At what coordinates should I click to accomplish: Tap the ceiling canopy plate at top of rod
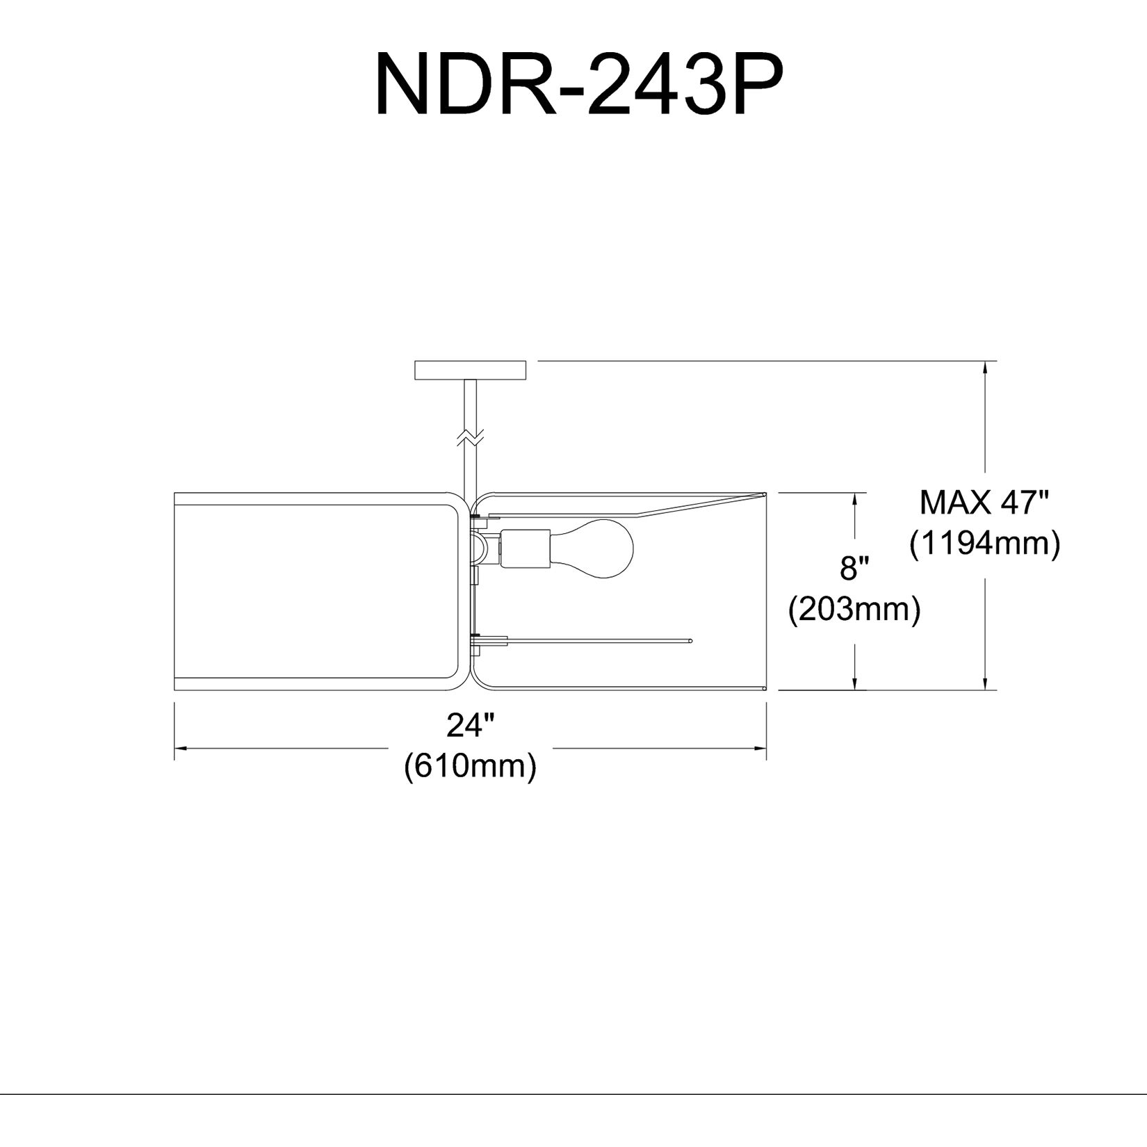coord(471,370)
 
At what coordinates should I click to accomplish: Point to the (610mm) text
coord(470,765)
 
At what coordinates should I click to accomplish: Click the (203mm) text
coord(854,610)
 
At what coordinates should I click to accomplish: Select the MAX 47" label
coord(983,501)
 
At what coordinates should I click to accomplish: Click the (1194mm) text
coord(985,543)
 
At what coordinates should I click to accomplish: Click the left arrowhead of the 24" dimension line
coord(180,749)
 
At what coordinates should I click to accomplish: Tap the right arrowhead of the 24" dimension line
coord(759,749)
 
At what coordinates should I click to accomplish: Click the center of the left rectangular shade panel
coord(316,591)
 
